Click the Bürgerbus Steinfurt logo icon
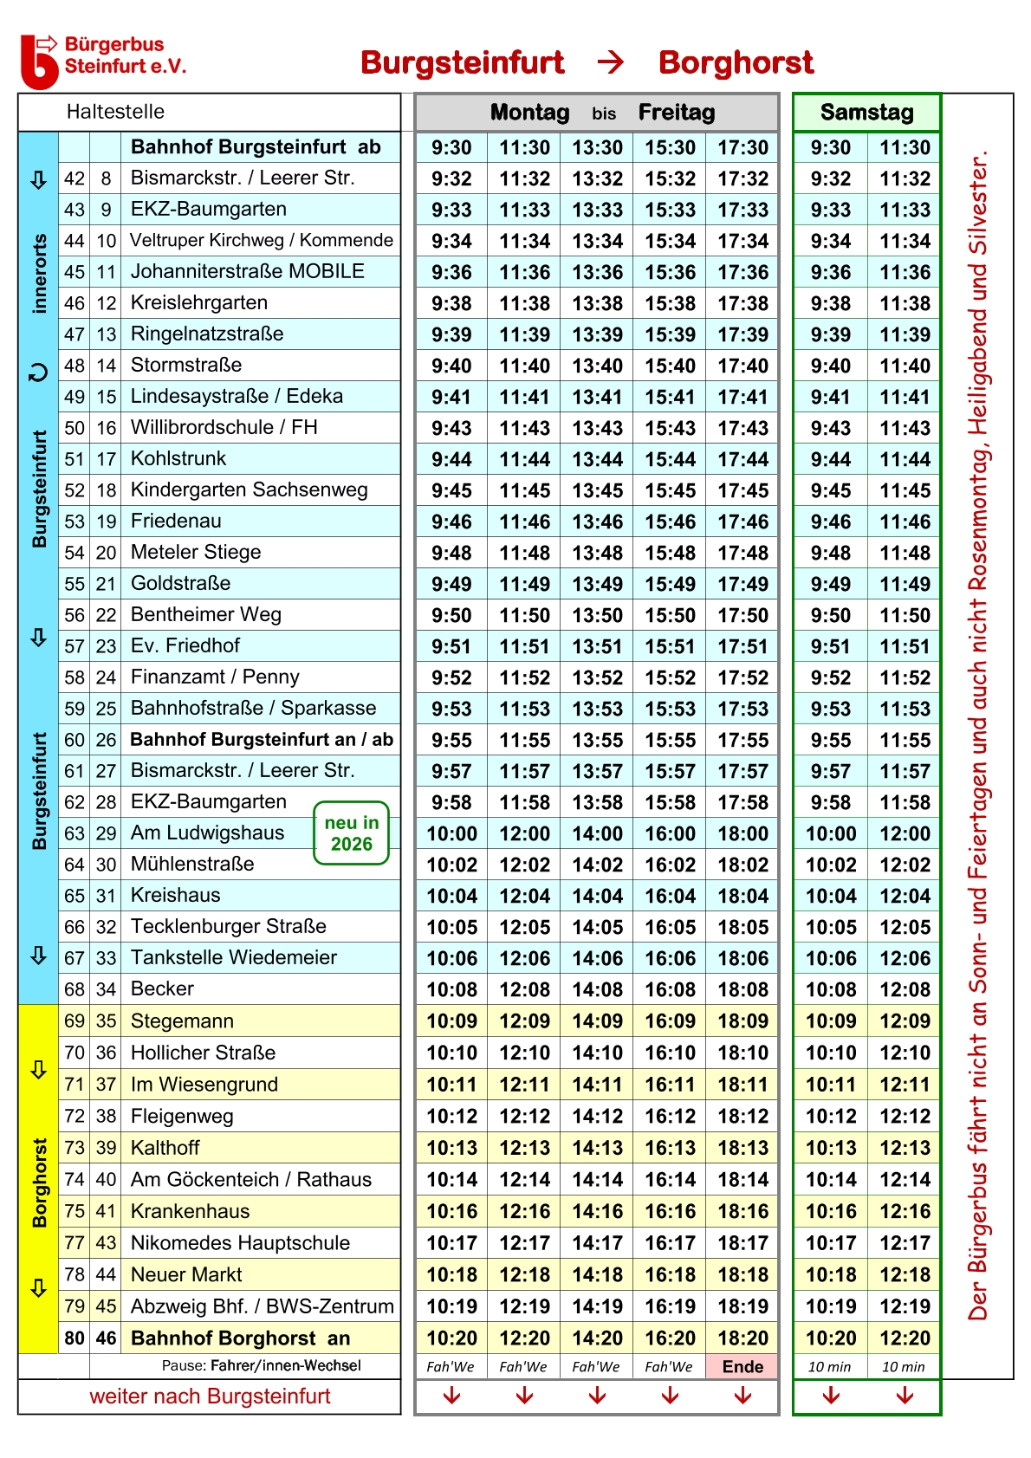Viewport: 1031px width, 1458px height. coord(39,61)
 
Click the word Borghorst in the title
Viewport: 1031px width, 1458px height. coord(736,62)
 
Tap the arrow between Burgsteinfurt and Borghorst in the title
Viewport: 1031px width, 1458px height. coord(611,62)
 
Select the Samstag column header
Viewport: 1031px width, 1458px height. coord(866,113)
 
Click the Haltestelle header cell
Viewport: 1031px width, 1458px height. coord(115,112)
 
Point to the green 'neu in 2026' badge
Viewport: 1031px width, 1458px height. coord(351,833)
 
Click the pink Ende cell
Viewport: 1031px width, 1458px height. coord(742,1366)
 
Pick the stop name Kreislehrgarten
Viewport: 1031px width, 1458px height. coord(198,302)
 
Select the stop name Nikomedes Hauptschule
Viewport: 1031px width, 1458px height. coord(240,1242)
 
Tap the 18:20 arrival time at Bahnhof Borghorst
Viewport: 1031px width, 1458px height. coord(742,1338)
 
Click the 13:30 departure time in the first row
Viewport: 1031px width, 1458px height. coord(597,147)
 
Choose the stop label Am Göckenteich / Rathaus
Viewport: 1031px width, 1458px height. coord(250,1179)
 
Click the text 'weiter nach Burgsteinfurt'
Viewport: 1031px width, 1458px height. coord(210,1396)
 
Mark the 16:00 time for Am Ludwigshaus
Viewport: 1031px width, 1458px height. coord(670,833)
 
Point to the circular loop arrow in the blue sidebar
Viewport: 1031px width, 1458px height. coord(38,373)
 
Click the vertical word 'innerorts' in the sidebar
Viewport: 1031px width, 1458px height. coord(39,273)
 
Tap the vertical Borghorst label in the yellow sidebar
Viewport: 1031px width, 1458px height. coord(39,1183)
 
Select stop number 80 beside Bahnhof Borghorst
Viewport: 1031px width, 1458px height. coord(75,1338)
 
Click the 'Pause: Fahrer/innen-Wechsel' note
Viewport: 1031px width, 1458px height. coord(261,1365)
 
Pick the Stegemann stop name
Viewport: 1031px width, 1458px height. coord(182,1021)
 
